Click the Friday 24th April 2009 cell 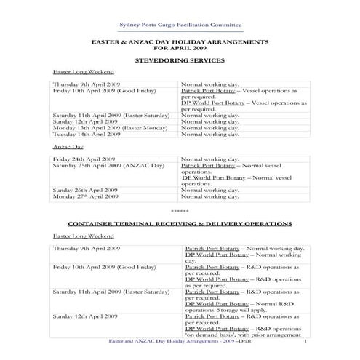pos(84,159)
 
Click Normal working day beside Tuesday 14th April pos(209,134)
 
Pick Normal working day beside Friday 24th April pos(209,159)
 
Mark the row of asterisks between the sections pos(180,211)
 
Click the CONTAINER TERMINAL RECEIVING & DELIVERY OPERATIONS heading pos(180,223)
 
